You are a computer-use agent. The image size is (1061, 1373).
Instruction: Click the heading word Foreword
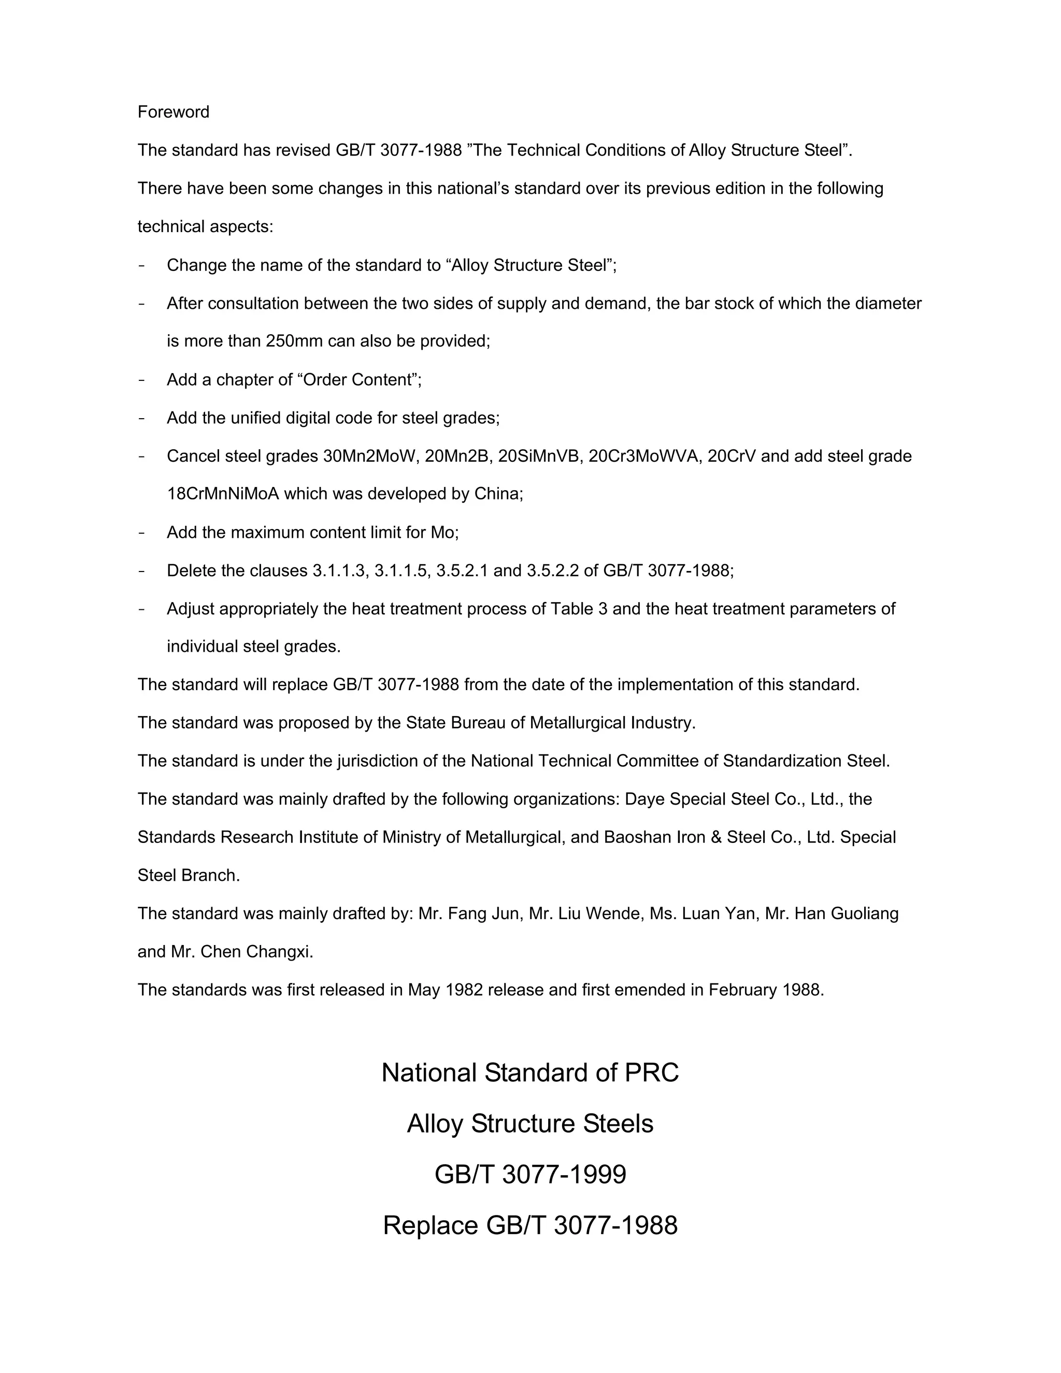(173, 112)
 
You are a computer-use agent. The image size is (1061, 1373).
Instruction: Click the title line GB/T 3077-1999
(530, 1175)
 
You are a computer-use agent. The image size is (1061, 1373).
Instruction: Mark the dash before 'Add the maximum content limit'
(142, 533)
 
